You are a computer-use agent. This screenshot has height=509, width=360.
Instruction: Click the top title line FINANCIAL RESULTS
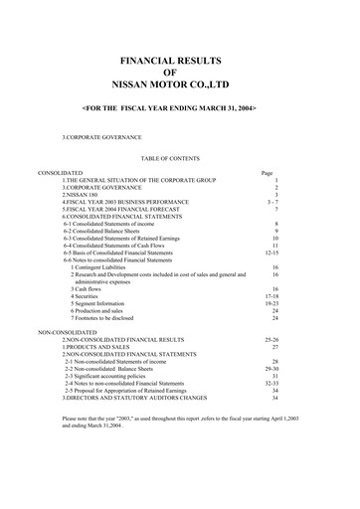coord(180,61)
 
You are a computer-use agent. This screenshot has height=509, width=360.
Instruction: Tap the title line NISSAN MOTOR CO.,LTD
coord(180,86)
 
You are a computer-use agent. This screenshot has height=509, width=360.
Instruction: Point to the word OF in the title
coord(180,74)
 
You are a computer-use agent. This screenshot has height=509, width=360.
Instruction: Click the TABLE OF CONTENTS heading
coord(180,157)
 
